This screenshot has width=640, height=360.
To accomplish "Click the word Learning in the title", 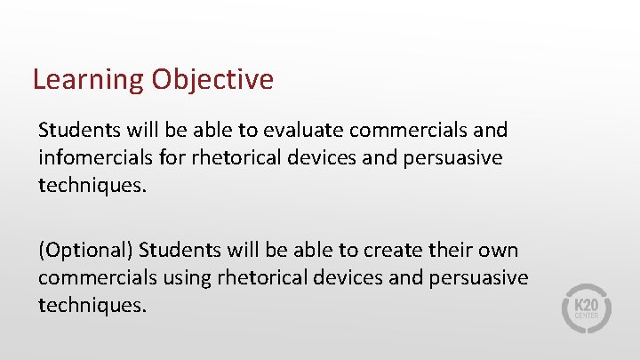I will click(88, 80).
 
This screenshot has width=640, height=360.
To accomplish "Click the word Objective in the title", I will click(212, 80).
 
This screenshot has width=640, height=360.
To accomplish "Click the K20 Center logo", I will click(585, 308).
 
